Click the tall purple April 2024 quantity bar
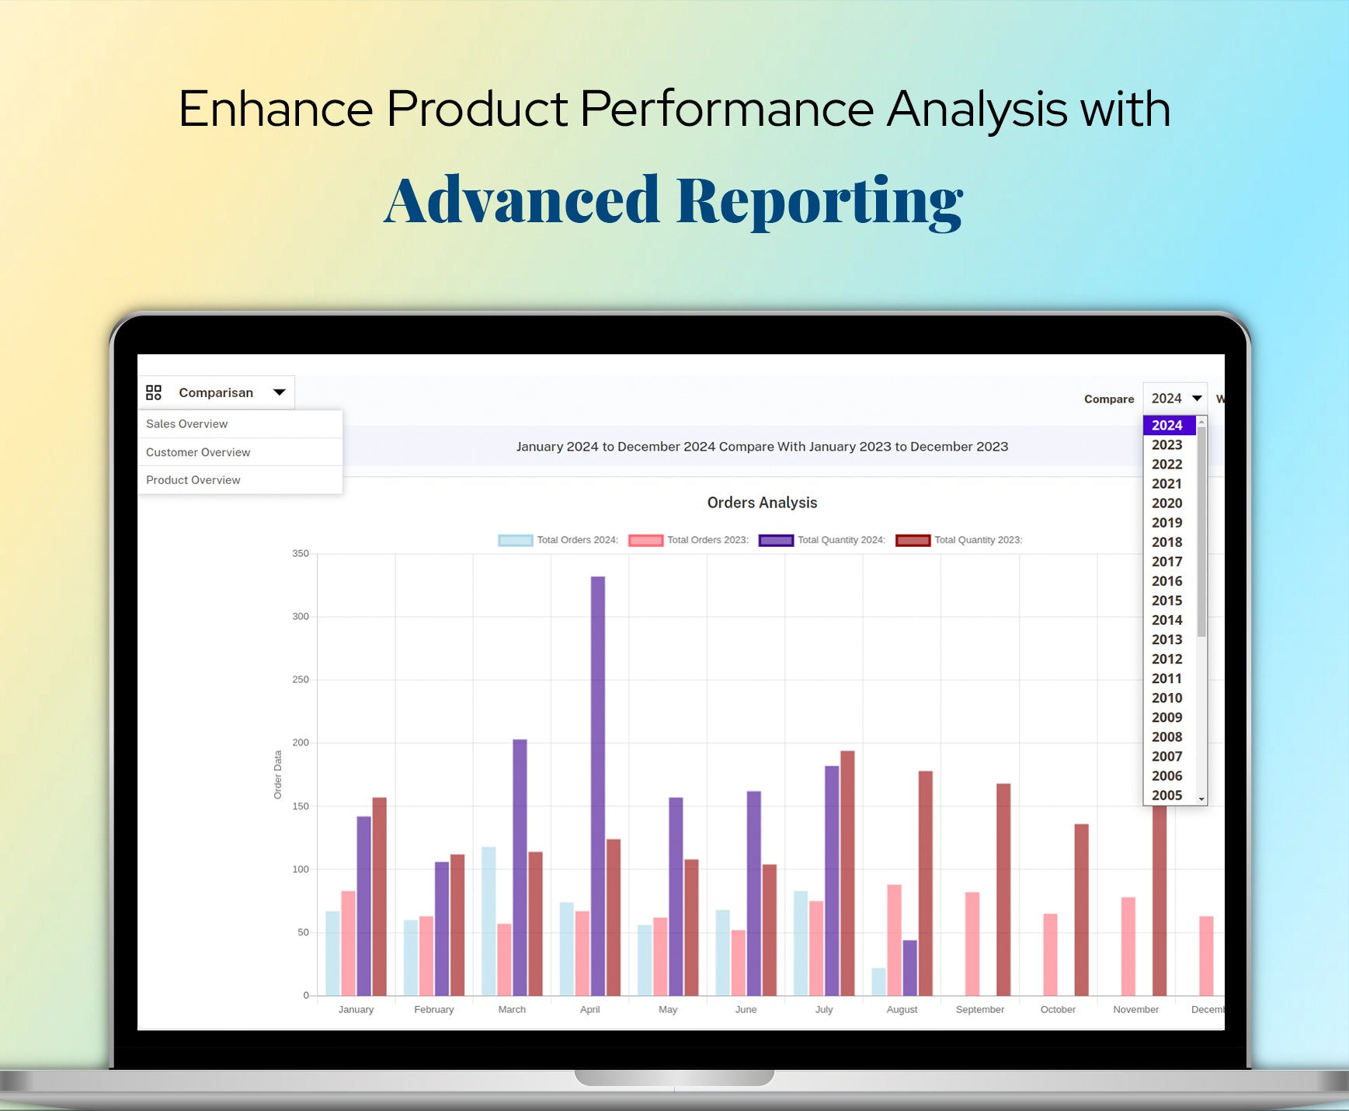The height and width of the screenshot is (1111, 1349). coord(598,785)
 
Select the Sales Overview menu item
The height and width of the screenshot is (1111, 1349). coord(186,424)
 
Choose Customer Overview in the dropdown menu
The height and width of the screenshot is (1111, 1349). coord(198,452)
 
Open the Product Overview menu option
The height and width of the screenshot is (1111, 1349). coord(193,480)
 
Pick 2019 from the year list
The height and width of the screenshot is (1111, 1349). coord(1166,523)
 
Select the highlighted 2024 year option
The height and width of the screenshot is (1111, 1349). coord(1166,425)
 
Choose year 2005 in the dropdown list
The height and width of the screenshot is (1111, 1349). coord(1166,796)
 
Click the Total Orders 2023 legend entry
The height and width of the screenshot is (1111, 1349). coord(688,540)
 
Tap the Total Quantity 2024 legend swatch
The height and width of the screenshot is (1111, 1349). coord(776,541)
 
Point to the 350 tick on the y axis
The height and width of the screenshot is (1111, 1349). coord(301,554)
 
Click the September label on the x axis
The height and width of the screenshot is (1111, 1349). coord(979,1009)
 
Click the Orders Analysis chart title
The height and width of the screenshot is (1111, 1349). coord(762,503)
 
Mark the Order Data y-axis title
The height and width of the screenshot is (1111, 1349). coord(277,775)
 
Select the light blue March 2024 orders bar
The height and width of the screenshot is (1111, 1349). coord(488,921)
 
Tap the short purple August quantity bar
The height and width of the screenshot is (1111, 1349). coord(909,968)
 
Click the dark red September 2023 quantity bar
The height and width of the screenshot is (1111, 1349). coord(1003,890)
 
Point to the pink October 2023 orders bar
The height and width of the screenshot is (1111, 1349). coord(1050,955)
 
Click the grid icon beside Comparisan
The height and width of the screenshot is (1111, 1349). coord(154,392)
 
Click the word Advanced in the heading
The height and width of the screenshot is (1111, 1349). coord(522,201)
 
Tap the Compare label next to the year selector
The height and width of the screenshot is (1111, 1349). coord(1109,399)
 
